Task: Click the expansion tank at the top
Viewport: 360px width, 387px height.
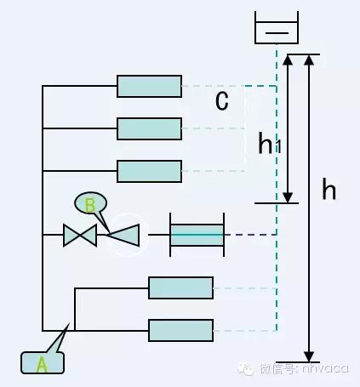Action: click(277, 29)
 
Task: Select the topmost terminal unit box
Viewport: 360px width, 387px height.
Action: click(149, 86)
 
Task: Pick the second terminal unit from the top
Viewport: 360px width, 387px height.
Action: click(149, 128)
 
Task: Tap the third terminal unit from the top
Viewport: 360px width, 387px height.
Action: click(149, 171)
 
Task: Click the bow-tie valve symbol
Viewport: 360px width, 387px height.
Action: click(80, 235)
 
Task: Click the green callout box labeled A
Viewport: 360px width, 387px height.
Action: click(41, 362)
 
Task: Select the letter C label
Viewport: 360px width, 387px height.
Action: click(221, 102)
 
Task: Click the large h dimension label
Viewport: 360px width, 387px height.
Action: click(329, 191)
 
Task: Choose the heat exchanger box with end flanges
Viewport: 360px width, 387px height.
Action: click(197, 235)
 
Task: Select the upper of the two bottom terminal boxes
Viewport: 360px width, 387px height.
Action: click(180, 287)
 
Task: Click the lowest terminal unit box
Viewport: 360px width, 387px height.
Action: click(180, 329)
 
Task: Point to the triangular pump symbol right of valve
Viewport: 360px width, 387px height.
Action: click(123, 235)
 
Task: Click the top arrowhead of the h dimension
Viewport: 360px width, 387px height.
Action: click(309, 62)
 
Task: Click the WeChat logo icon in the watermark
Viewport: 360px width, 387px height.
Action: click(246, 369)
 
